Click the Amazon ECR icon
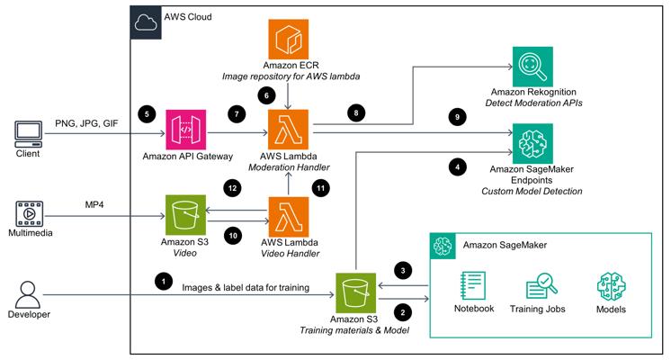click(288, 39)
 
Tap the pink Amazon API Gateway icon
click(185, 130)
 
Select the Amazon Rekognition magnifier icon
click(532, 67)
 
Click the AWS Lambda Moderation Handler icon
click(288, 130)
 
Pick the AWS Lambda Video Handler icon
click(288, 217)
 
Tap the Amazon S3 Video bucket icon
click(185, 215)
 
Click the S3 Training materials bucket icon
click(355, 293)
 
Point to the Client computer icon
click(29, 134)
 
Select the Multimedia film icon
click(30, 213)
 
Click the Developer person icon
click(28, 295)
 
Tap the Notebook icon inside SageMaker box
click(473, 285)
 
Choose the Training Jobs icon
click(541, 285)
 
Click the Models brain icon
click(611, 286)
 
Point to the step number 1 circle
click(164, 281)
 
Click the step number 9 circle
click(457, 117)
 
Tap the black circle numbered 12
click(232, 188)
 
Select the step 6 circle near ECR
click(266, 95)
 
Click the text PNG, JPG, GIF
click(86, 123)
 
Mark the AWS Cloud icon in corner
click(146, 22)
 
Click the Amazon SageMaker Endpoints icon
click(532, 144)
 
